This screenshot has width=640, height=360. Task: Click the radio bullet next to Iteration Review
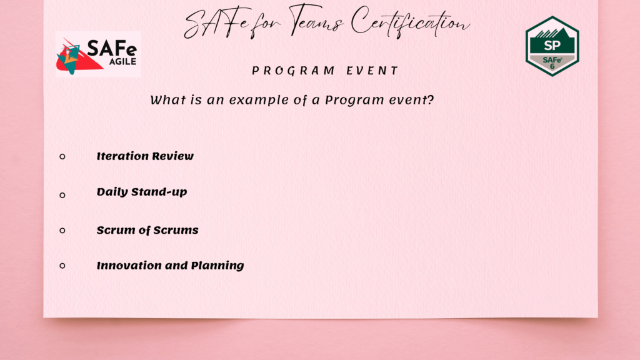[x=62, y=156]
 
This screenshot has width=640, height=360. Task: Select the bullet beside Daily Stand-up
[x=62, y=195]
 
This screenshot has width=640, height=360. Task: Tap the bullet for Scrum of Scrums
[x=62, y=231]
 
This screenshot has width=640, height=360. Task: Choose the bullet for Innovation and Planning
[x=62, y=266]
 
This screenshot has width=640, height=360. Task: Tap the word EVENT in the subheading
[x=372, y=71]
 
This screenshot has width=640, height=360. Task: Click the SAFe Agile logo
[x=98, y=54]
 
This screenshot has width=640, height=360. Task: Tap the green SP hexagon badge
[x=552, y=46]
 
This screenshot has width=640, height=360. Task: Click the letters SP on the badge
[x=552, y=45]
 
